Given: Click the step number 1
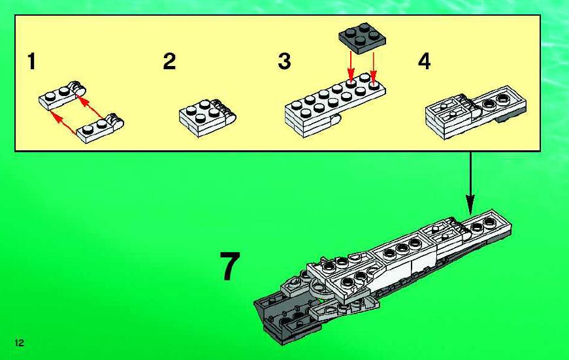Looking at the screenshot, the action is pos(32,61).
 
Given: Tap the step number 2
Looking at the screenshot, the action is pos(169,61).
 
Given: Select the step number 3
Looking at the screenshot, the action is pos(285,61).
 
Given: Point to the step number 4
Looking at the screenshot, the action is pos(425,61).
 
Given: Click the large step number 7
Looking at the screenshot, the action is pos(230,266).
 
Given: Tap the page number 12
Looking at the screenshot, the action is pos(19,342).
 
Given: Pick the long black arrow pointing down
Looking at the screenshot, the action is pos(470,183).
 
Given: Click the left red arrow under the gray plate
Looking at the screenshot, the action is pos(350,66).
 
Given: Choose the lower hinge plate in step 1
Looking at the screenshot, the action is pos(100,128).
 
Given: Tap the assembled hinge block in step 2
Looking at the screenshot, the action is pos(207,118).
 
